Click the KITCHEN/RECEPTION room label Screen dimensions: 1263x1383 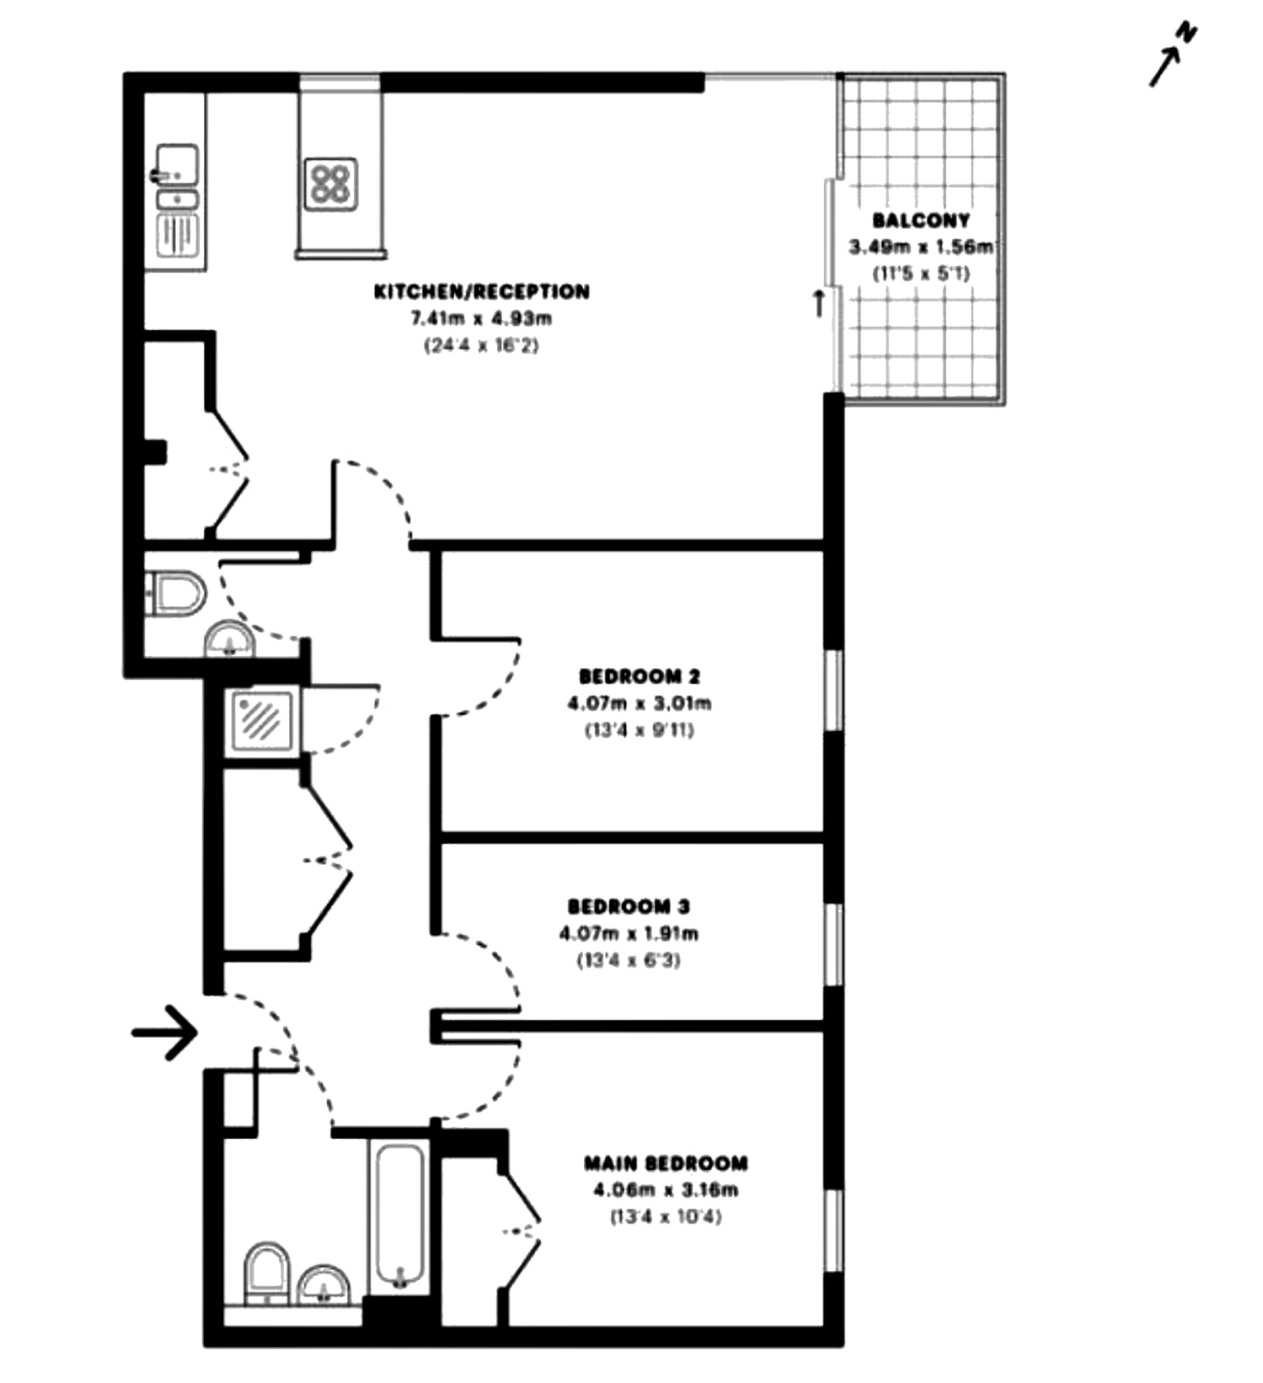point(482,291)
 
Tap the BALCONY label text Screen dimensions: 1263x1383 point(921,221)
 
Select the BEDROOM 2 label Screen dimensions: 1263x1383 point(640,676)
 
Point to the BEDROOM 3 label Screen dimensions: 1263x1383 point(629,906)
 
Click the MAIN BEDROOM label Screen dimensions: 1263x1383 point(666,1163)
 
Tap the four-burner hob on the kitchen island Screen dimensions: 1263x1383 point(331,184)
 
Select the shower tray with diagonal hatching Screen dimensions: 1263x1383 point(260,721)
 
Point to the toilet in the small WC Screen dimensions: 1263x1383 point(176,594)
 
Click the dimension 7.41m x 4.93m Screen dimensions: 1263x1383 point(481,318)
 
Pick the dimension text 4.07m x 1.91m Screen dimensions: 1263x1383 point(629,933)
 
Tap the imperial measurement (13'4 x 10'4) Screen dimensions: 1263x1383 point(666,1217)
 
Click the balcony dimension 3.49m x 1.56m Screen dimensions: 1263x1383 point(921,247)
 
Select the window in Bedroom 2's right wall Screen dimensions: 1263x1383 point(834,690)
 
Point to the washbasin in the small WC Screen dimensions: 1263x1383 point(230,641)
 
